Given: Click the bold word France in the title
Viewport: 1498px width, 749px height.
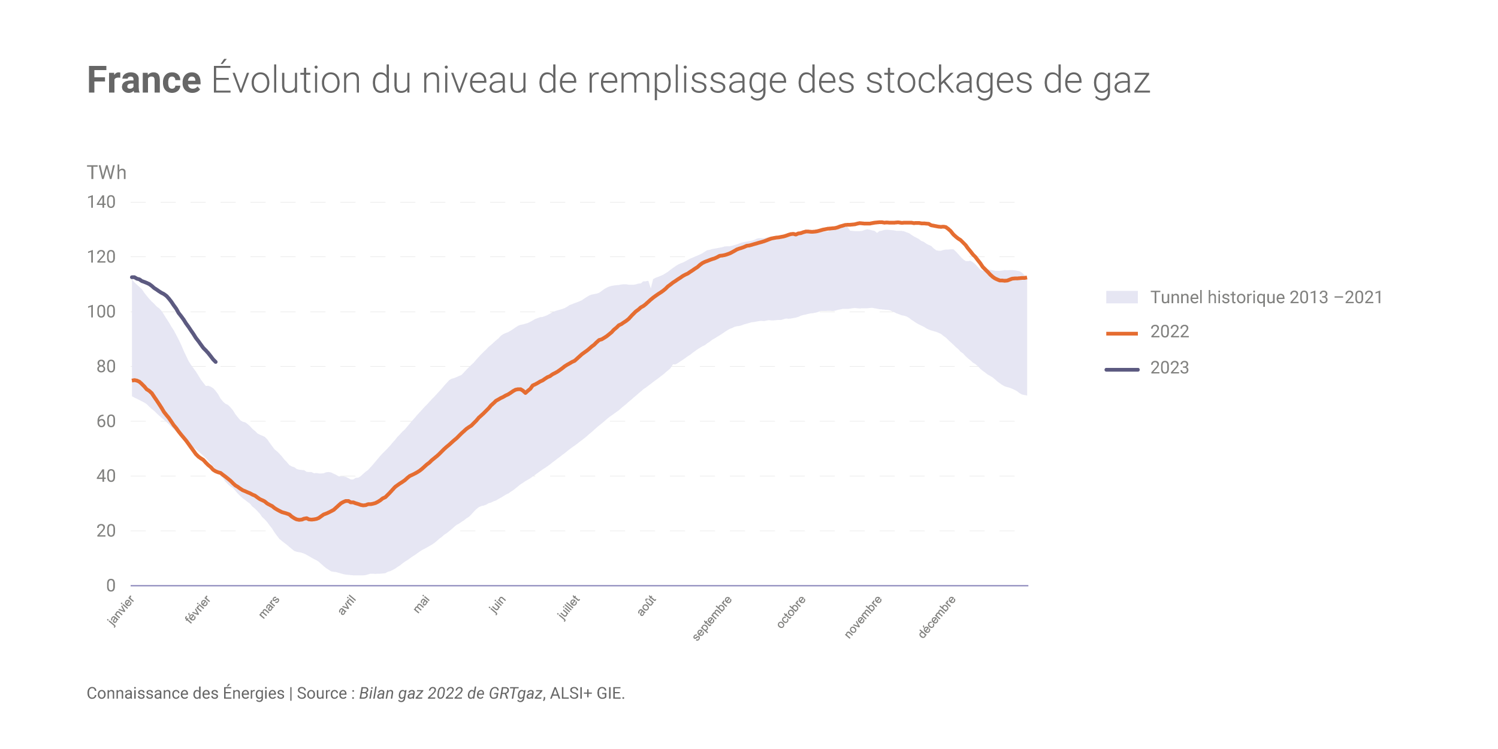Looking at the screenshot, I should click(x=144, y=80).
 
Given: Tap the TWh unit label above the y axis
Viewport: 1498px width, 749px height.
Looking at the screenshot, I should click(x=107, y=173).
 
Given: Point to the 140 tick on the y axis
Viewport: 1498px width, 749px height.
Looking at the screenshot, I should click(x=101, y=202).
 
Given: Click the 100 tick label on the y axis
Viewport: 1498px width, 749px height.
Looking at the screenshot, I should click(x=101, y=312).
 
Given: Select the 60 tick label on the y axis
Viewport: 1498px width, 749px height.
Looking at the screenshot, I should click(x=106, y=421).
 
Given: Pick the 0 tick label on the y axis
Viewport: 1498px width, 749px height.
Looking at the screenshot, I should click(x=111, y=585).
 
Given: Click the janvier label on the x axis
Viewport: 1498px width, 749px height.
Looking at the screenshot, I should click(x=121, y=611).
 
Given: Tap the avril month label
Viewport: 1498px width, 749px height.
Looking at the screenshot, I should click(x=348, y=605).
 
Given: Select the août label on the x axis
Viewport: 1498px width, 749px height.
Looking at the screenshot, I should click(x=647, y=606).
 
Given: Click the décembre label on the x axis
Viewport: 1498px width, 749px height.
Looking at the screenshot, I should click(x=937, y=617).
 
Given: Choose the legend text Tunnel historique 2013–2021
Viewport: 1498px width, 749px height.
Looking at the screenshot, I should click(x=1266, y=297).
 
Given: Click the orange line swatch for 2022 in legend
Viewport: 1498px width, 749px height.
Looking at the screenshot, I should click(x=1122, y=333).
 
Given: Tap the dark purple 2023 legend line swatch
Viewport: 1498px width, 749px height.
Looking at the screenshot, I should click(x=1122, y=370).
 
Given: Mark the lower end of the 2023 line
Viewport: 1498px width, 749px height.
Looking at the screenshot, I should click(x=216, y=362).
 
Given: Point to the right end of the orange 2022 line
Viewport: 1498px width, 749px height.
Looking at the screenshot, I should click(x=1026, y=278).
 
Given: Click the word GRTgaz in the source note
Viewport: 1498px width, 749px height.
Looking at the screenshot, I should click(x=515, y=693).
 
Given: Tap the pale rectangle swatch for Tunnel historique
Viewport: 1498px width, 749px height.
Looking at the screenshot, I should click(x=1122, y=297).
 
